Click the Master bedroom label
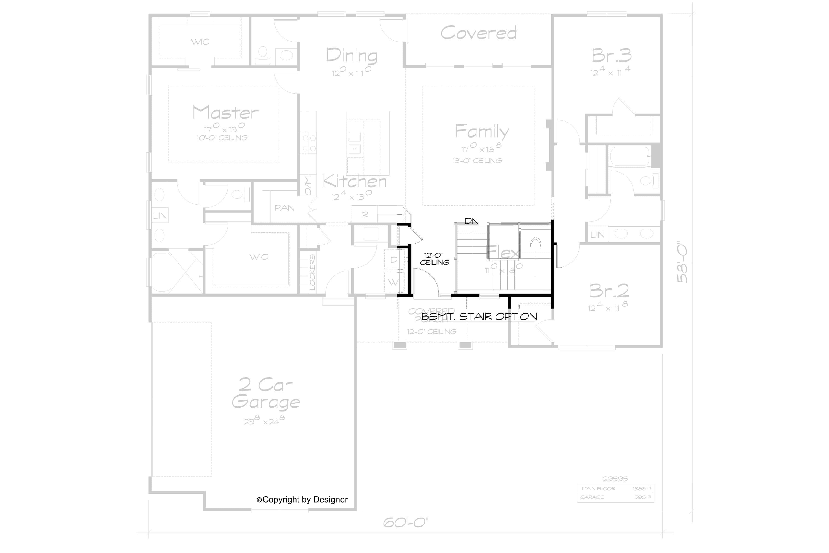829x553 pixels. [x=226, y=113]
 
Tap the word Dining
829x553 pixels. [x=351, y=56]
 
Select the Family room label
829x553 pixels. [x=482, y=132]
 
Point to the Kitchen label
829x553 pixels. [x=355, y=181]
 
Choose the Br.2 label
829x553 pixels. [x=609, y=291]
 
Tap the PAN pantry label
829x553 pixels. [x=284, y=208]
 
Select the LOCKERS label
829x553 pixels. [x=312, y=273]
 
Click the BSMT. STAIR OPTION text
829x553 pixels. [x=479, y=316]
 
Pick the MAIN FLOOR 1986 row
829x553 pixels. [x=615, y=488]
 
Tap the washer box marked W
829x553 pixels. [x=393, y=282]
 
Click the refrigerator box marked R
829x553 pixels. [x=365, y=215]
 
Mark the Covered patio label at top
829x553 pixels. [x=478, y=33]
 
